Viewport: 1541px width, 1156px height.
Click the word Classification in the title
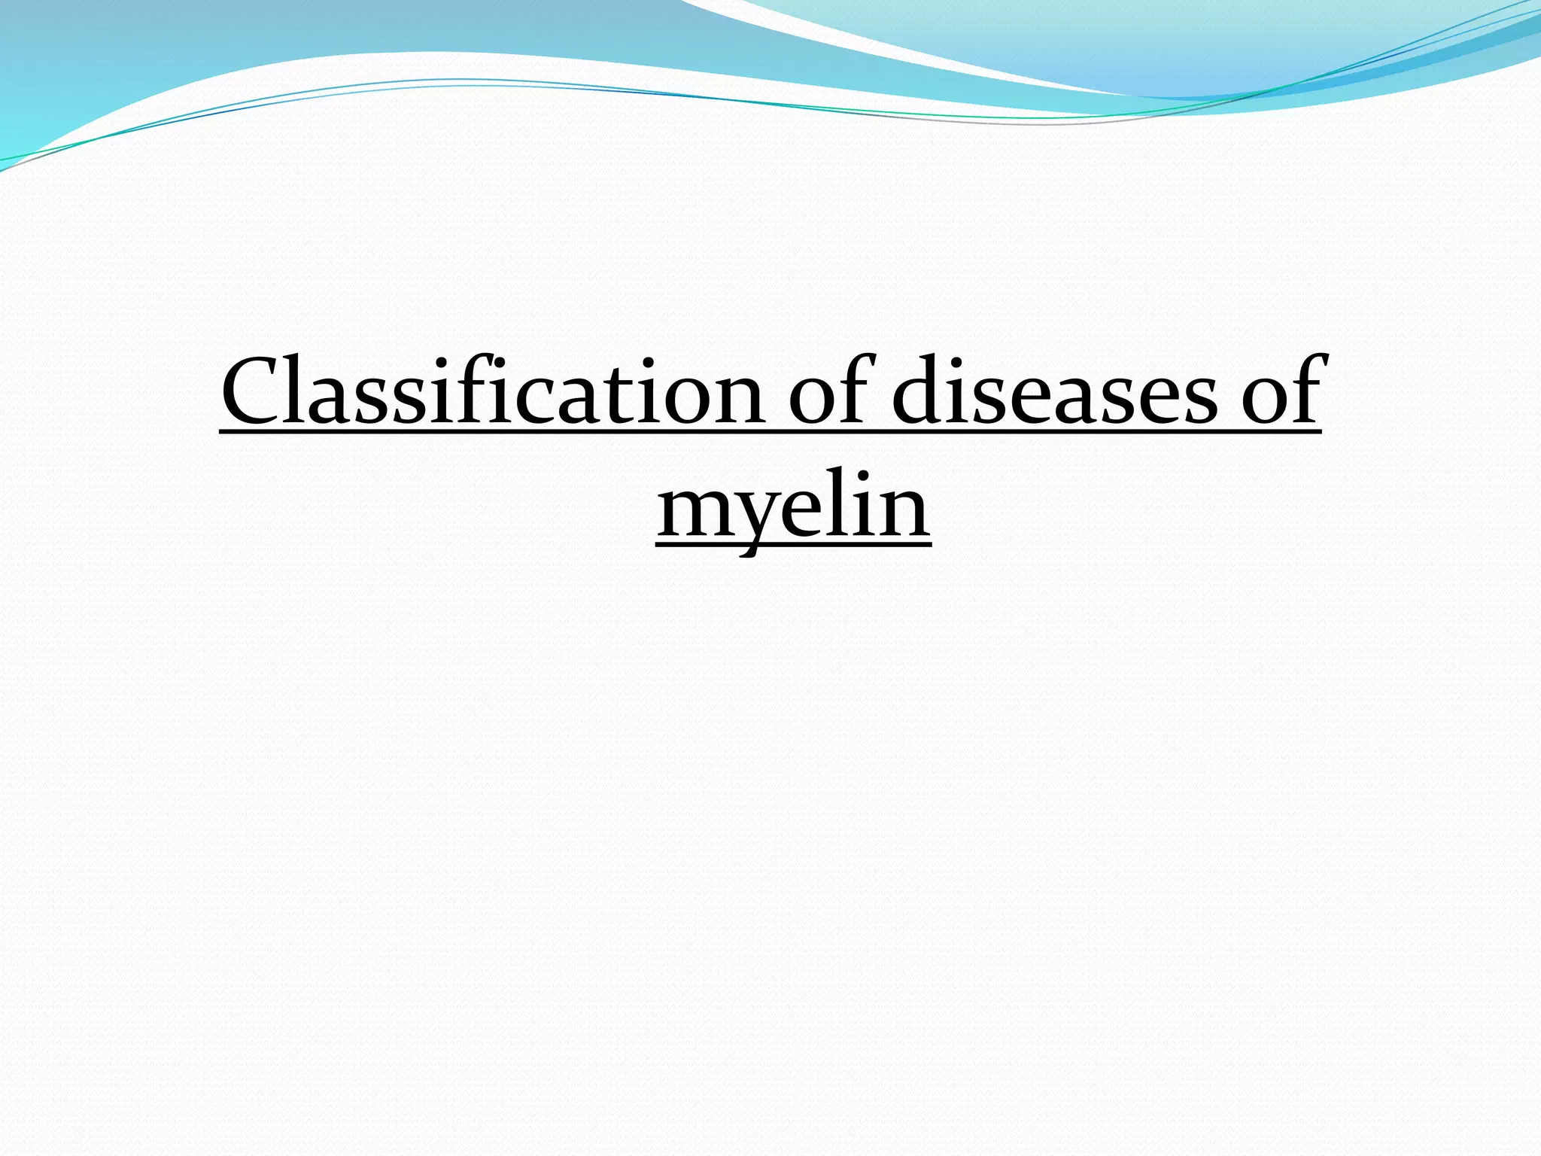point(493,391)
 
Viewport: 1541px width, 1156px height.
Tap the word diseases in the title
point(1053,391)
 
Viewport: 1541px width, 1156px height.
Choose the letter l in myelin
point(839,500)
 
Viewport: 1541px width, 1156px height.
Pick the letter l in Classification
point(304,388)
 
